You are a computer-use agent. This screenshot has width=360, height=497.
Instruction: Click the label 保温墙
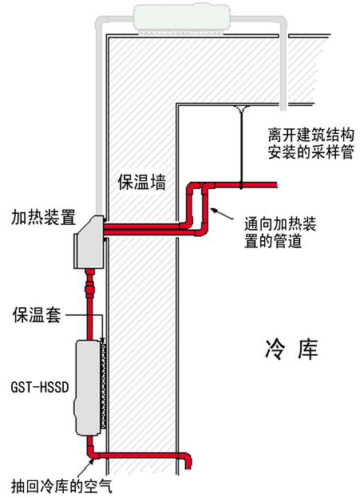click(x=141, y=182)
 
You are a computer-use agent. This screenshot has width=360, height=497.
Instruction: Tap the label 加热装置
click(x=43, y=217)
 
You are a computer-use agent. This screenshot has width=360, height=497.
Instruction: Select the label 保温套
click(x=37, y=314)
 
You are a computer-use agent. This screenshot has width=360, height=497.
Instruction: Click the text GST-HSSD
click(x=40, y=387)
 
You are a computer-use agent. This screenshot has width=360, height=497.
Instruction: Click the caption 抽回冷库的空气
click(x=61, y=486)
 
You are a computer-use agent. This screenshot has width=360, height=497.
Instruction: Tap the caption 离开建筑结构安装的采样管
click(x=311, y=144)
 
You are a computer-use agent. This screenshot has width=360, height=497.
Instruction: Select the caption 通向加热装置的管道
click(x=280, y=232)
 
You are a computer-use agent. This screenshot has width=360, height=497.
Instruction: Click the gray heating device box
click(x=89, y=242)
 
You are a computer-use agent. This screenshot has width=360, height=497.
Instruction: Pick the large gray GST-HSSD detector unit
click(x=88, y=388)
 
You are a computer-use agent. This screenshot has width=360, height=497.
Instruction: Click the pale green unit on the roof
click(x=182, y=18)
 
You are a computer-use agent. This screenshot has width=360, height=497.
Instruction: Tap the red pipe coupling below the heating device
click(x=89, y=289)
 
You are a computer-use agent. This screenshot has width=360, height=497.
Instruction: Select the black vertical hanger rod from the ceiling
click(x=241, y=147)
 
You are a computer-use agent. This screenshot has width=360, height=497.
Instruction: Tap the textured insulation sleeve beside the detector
click(x=104, y=385)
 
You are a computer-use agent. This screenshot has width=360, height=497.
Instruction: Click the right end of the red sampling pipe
click(x=277, y=184)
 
